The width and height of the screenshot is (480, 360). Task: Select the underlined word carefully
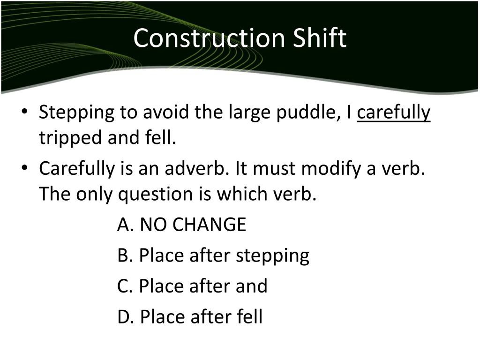coord(393,113)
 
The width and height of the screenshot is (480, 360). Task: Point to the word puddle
coord(300,113)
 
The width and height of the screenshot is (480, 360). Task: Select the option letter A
coord(124,225)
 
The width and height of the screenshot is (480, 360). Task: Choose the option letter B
coord(124,255)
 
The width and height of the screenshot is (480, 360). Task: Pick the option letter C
coord(124,286)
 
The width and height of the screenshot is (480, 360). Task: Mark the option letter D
coord(125,317)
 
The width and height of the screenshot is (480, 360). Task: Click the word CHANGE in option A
coord(209,225)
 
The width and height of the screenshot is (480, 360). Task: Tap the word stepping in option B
coord(272,256)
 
